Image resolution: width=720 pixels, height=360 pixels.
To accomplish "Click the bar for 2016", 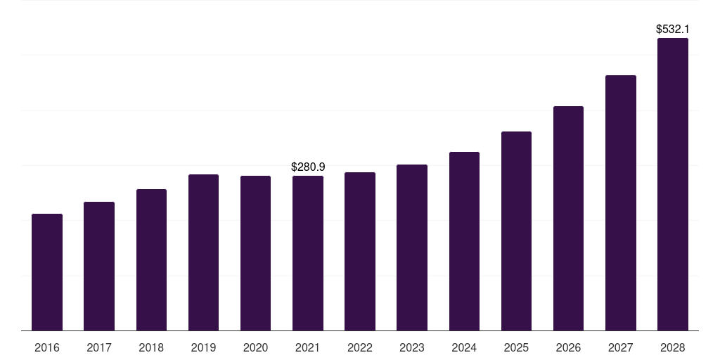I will pos(47,272).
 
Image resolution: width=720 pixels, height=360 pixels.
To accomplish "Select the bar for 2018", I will pos(151,259).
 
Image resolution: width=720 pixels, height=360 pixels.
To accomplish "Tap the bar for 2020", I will pos(255,253).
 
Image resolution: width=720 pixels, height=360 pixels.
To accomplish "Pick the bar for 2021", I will pos(308,253).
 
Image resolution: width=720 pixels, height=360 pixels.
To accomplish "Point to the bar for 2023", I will pos(412,247).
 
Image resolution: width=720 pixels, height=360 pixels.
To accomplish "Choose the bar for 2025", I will pos(516,231).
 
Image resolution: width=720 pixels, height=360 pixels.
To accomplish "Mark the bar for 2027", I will pos(620,202).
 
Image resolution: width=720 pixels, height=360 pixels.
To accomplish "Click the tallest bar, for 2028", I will pos(673,184).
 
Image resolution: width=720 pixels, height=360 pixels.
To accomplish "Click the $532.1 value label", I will pos(673,30).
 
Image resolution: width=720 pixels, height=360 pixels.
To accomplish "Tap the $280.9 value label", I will pos(308,167).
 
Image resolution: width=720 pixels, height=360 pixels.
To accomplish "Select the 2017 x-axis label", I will pos(99,348).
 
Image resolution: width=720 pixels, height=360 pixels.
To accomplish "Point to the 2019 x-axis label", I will pos(203,348).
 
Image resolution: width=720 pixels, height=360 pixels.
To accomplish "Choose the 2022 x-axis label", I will pos(360,348).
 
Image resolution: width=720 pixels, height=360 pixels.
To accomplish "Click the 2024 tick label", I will pos(464,348).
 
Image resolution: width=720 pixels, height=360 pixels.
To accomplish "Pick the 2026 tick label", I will pos(568,348).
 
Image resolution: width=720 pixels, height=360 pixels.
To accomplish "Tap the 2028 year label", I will pos(673,348).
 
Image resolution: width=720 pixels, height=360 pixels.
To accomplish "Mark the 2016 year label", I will pos(47,348).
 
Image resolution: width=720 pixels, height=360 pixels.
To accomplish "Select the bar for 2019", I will pos(203,252).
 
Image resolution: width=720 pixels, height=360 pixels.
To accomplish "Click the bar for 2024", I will pos(464,241).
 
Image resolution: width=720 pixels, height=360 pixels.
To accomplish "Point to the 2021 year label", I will pos(308,348).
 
